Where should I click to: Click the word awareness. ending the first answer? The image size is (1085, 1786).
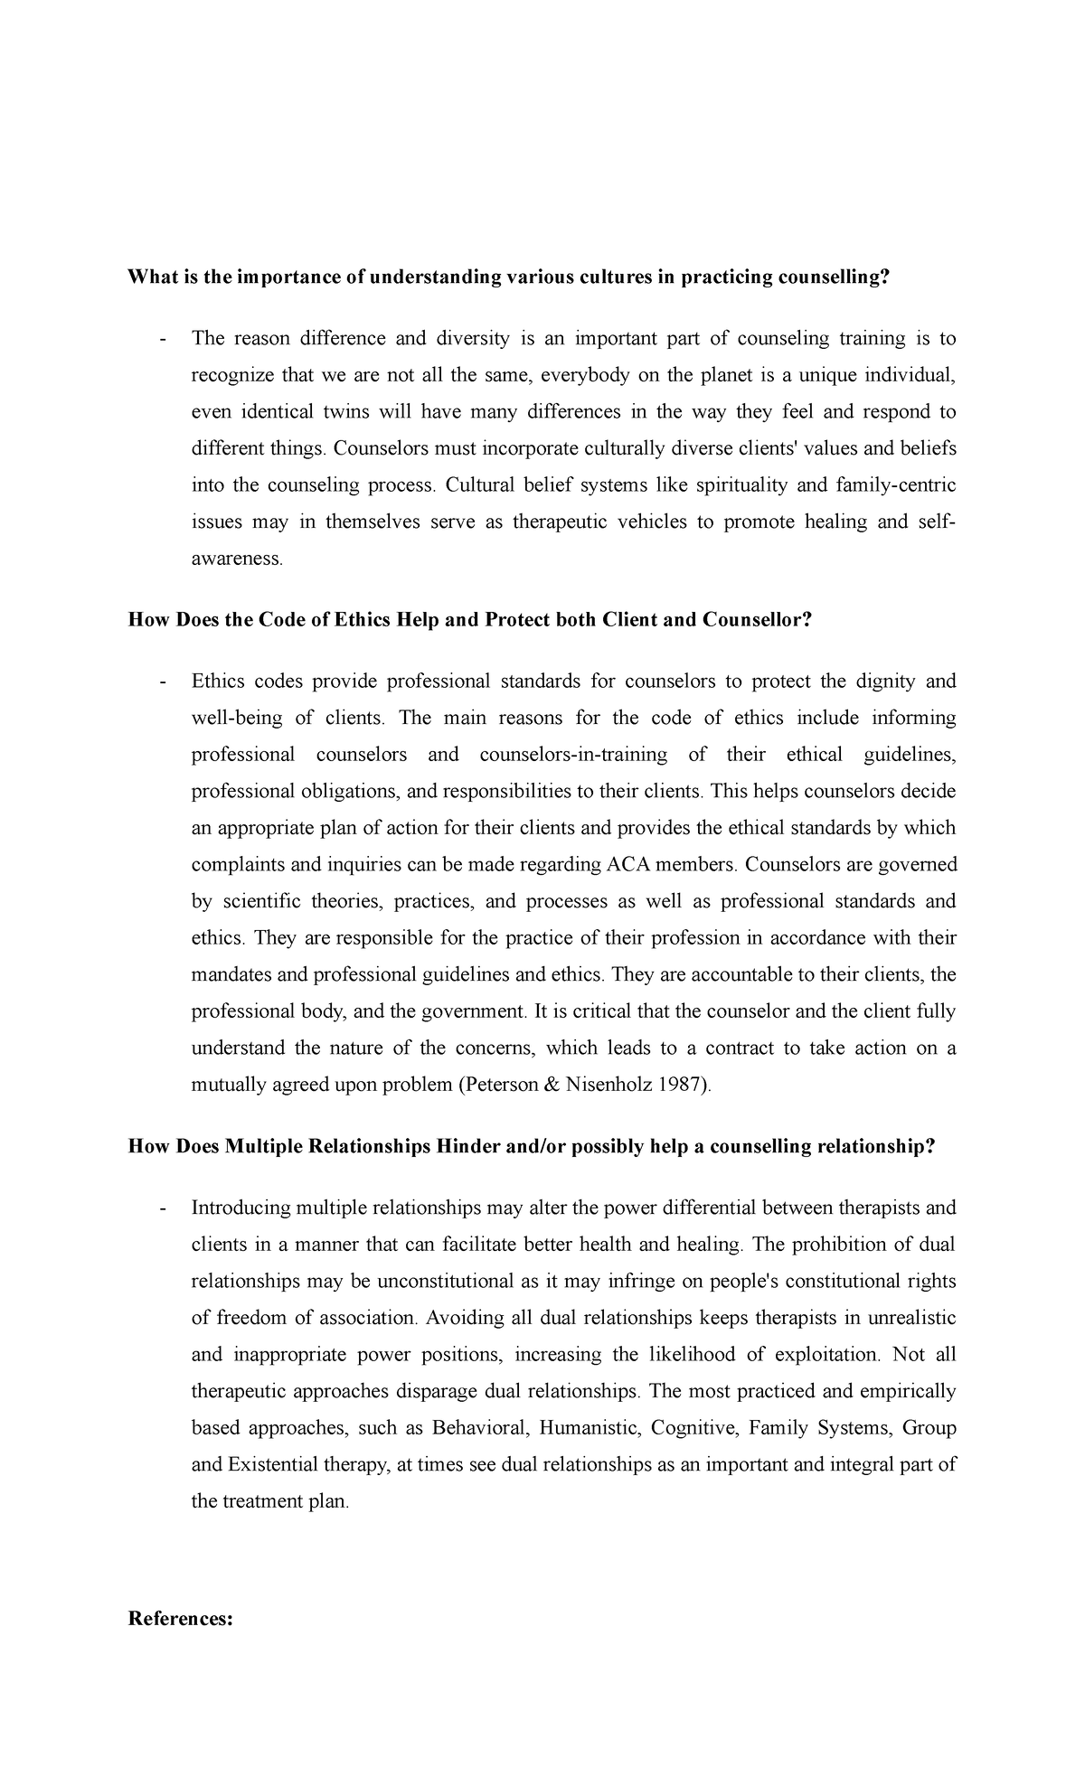[238, 559]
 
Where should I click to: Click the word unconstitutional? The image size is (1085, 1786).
[435, 1282]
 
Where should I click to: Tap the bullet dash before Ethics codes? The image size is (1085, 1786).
[162, 681]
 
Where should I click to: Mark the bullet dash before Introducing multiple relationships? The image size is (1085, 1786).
[162, 1208]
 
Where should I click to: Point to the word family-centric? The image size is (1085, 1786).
[896, 485]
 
